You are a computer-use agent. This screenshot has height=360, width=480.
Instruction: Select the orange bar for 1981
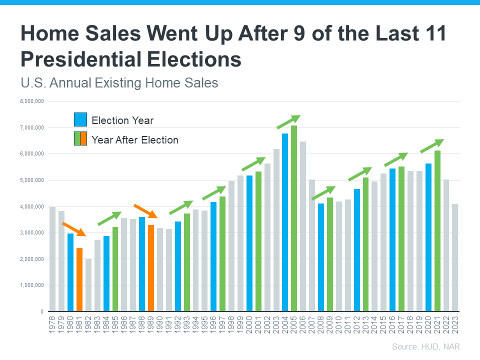79,279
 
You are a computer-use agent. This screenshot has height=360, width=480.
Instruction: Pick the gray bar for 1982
88,285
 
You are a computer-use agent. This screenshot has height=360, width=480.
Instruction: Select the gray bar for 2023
455,257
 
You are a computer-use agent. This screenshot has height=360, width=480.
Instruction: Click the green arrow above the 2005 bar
288,122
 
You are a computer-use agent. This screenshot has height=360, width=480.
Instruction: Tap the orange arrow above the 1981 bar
73,229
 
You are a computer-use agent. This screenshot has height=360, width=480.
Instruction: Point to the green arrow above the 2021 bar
431,146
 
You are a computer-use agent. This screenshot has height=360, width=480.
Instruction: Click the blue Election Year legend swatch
80,120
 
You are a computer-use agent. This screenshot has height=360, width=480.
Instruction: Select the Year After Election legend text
135,140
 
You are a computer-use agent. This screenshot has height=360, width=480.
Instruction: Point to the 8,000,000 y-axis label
31,101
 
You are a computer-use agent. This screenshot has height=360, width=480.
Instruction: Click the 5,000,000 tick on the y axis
31,180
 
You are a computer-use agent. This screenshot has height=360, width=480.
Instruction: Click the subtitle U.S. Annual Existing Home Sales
119,82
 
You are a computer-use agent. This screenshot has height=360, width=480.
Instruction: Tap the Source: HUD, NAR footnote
425,346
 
